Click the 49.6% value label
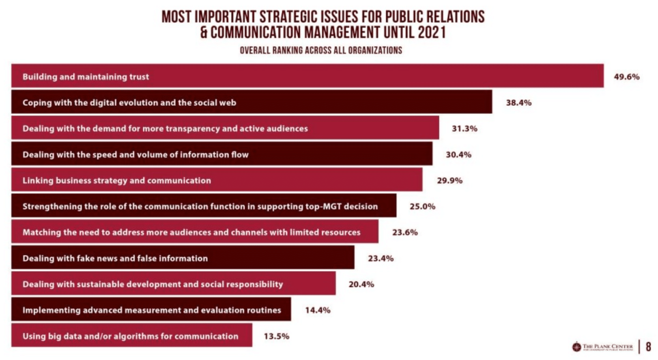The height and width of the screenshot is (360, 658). click(626, 77)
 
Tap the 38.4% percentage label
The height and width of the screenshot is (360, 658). click(518, 103)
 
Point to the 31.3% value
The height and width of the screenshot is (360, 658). click(464, 129)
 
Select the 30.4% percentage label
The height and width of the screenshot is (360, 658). click(458, 154)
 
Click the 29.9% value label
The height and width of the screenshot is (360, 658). click(449, 180)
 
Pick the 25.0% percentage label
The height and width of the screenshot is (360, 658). click(422, 206)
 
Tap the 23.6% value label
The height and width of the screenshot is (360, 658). click(405, 232)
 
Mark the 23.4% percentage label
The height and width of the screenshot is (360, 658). click(381, 258)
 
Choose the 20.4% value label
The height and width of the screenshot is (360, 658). click(361, 284)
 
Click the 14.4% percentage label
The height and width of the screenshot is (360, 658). click(318, 310)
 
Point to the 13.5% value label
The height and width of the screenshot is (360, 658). click(276, 336)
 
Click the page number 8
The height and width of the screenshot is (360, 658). click(648, 347)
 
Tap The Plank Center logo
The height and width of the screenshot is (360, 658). click(602, 347)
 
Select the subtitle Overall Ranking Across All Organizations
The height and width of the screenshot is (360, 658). click(321, 50)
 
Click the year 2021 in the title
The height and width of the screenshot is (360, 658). click(432, 32)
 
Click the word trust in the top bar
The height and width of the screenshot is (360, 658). click(139, 77)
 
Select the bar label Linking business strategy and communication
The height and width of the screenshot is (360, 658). click(117, 180)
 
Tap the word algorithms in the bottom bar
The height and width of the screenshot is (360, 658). click(137, 336)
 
